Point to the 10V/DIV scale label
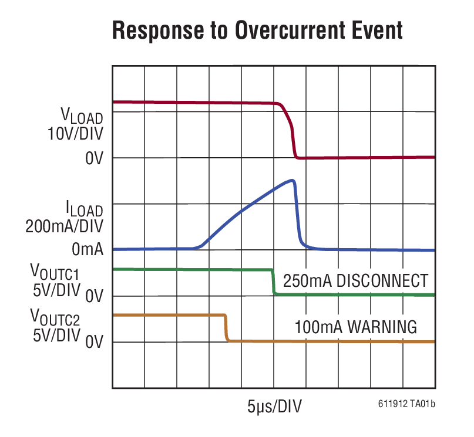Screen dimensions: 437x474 (x=75, y=134)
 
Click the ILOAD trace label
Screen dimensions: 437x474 (x=84, y=208)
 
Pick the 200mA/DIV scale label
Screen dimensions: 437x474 (x=64, y=226)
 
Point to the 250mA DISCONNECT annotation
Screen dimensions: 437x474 (x=355, y=281)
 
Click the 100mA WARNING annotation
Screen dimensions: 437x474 (x=356, y=326)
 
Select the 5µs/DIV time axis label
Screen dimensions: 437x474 (x=274, y=406)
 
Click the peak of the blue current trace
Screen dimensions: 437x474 (x=292, y=181)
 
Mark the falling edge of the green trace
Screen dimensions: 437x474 (x=273, y=282)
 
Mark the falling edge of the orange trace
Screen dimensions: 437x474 (x=226, y=328)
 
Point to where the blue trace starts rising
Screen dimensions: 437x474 (x=199, y=248)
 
